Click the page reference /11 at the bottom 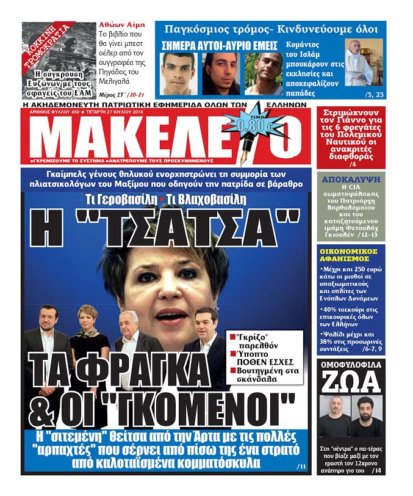click(x=301, y=467)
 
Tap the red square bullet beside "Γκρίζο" click(x=232, y=337)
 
